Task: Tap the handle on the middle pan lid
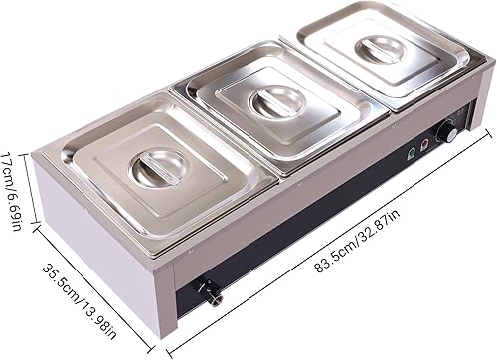pyautogui.click(x=269, y=100)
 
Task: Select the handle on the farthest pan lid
pyautogui.click(x=381, y=49)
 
